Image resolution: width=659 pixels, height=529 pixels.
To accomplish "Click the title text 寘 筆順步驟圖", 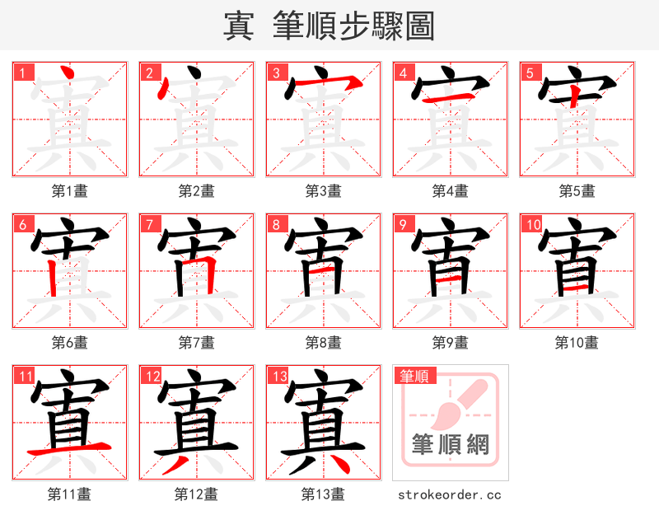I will tap(329, 26).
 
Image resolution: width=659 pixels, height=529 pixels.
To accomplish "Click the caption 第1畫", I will tap(69, 191).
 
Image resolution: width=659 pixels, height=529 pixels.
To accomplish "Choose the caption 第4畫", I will tap(450, 191).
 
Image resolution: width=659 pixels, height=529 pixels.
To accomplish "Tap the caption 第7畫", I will tap(196, 342).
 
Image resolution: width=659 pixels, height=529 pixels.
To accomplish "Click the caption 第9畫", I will tap(450, 342).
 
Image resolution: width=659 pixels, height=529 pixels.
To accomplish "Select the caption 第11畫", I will tap(69, 494).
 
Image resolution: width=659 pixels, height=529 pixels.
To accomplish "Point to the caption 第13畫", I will tap(323, 494).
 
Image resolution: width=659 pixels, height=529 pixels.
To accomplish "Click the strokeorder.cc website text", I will tap(450, 494).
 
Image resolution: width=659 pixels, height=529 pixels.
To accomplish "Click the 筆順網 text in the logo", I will tap(450, 446).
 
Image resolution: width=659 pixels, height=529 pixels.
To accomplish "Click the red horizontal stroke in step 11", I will tap(69, 450).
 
